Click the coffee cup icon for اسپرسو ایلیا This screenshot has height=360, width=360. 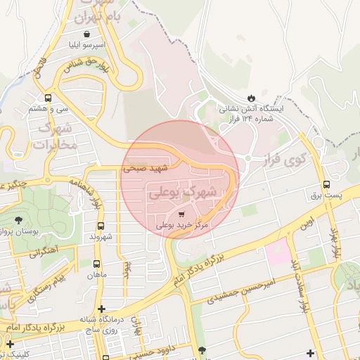click(86, 33)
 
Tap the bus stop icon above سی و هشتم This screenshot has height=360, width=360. click(48, 98)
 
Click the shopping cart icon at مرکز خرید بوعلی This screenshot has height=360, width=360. click(181, 214)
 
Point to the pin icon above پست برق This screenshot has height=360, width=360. click(326, 184)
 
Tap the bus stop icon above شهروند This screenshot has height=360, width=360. click(101, 226)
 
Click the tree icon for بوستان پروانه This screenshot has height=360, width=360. click(18, 221)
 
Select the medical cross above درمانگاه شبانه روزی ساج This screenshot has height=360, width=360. click(102, 309)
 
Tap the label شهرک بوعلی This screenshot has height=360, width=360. click(182, 191)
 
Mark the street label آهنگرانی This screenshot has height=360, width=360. click(44, 252)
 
